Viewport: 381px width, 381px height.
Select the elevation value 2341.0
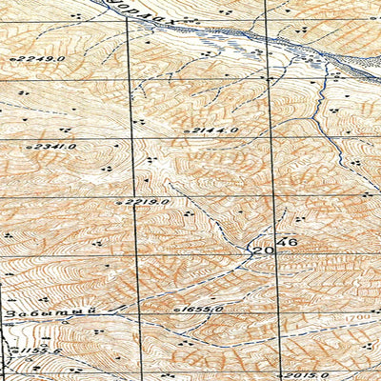(x=55, y=147)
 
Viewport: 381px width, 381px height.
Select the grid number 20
(x=262, y=249)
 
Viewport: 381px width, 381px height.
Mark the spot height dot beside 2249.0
(x=11, y=59)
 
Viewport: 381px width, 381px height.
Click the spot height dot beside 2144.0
(x=190, y=130)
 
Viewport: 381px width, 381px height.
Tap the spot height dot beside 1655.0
(x=178, y=311)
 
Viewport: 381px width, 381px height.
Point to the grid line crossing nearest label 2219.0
(x=132, y=198)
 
